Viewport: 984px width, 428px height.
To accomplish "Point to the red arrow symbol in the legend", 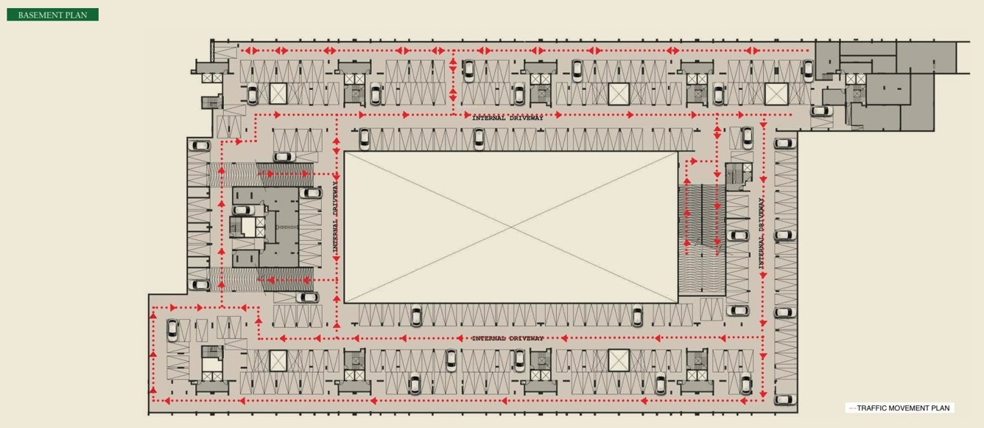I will (x=852, y=408).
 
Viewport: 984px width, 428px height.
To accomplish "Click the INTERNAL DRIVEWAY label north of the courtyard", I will (x=507, y=118).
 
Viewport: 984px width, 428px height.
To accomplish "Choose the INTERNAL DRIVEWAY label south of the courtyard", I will (x=507, y=338).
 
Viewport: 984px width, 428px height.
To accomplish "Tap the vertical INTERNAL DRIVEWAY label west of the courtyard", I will (x=335, y=217).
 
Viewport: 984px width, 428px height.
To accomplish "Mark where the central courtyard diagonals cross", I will (x=510, y=227).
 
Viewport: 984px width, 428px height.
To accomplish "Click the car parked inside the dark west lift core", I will (x=242, y=210).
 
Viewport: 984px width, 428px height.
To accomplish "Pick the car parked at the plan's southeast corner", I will (x=784, y=399).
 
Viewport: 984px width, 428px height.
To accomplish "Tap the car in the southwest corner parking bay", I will (x=172, y=329).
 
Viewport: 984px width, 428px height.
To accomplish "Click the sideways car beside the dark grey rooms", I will (x=820, y=111).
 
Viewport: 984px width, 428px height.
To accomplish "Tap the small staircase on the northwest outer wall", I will (x=211, y=102).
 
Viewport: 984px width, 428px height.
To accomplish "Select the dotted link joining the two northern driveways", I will (x=453, y=83).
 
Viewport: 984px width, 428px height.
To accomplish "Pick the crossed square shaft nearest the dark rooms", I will (x=776, y=94).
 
